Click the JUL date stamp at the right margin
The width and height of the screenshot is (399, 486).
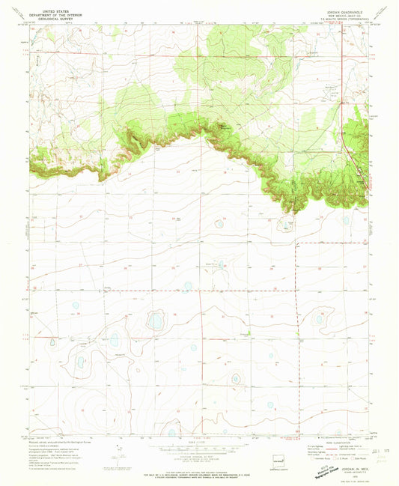pos(384,449)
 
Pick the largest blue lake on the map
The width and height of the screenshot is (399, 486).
pos(155,321)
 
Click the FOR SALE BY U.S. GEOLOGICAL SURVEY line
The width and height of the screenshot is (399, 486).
pos(198,472)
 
